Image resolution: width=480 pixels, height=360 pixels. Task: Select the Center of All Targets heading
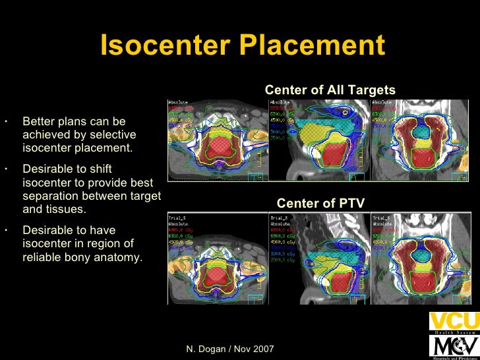[x=330, y=90]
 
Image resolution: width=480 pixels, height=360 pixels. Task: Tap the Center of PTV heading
[x=320, y=203]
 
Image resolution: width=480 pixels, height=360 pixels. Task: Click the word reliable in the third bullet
[x=42, y=257]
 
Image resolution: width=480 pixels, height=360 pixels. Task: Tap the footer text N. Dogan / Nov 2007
[x=230, y=347]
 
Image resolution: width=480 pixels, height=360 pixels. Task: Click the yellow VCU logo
[x=454, y=322]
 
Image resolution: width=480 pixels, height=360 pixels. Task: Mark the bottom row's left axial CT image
[x=217, y=258]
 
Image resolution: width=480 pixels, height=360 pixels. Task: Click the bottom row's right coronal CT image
[x=421, y=258]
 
